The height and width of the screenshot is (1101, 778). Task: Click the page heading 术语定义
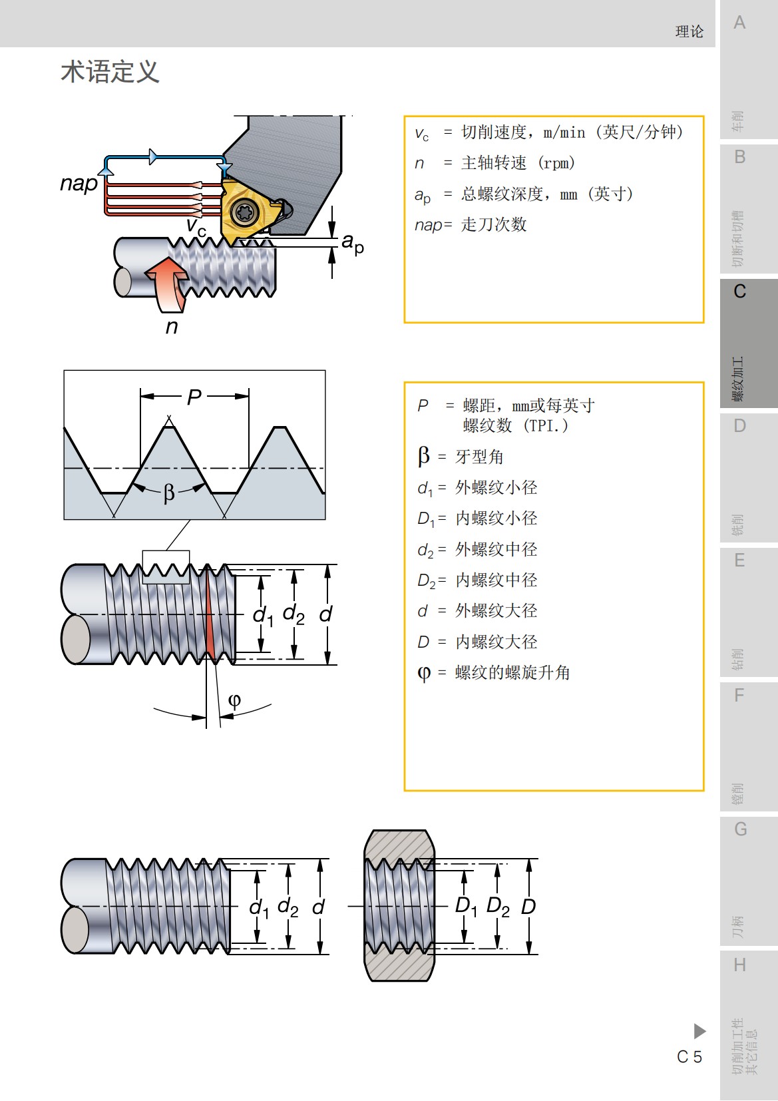point(110,72)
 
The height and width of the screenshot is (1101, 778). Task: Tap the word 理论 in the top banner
point(689,31)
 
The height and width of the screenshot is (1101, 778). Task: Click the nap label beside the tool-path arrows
point(79,183)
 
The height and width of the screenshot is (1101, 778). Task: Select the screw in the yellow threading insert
point(244,212)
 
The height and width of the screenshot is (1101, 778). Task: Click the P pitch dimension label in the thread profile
point(194,397)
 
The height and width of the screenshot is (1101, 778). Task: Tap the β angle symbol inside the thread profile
point(169,493)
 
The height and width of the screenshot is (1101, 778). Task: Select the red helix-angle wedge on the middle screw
point(212,619)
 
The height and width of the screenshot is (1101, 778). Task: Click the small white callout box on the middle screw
point(166,567)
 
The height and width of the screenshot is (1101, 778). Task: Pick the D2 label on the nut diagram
point(498,906)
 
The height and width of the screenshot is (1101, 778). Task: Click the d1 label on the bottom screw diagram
point(259,908)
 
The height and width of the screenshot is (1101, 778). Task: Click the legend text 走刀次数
point(494,225)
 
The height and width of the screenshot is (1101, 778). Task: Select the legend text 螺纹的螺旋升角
point(512,673)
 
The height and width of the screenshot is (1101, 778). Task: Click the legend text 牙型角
point(479,457)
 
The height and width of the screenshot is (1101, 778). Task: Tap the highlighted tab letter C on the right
point(739,292)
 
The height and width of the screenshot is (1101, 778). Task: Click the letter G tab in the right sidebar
point(740,829)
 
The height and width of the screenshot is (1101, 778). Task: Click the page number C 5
point(689,1056)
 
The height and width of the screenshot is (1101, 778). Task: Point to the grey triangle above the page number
point(699,1031)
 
